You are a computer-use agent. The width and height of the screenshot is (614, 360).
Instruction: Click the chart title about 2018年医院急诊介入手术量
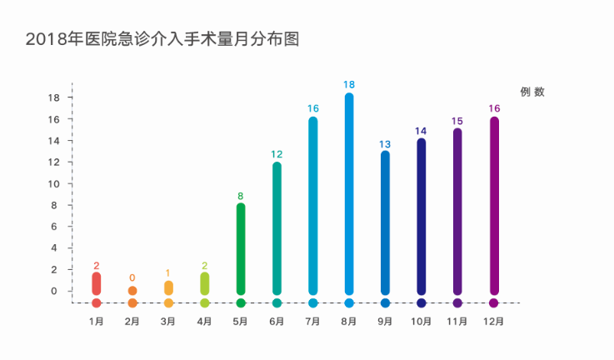(162, 38)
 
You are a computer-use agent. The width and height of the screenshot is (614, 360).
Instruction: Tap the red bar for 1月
(97, 283)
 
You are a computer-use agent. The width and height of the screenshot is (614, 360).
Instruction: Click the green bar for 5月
(241, 248)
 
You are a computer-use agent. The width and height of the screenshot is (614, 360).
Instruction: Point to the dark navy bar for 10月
(422, 215)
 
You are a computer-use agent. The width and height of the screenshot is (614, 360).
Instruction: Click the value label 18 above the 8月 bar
(349, 85)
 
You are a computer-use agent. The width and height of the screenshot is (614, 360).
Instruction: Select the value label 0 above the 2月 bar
(132, 277)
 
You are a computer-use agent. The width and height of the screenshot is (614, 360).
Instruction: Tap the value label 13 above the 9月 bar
(385, 144)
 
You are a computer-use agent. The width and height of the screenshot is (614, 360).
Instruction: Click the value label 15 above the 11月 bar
(457, 122)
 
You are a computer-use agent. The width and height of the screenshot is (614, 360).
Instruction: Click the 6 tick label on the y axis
(56, 227)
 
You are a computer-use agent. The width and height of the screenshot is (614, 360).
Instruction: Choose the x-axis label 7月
(313, 322)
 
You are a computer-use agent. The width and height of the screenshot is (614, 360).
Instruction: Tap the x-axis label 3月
(168, 322)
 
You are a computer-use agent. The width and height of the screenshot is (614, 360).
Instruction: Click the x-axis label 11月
(457, 322)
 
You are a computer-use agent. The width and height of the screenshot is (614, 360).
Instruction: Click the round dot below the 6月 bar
(277, 303)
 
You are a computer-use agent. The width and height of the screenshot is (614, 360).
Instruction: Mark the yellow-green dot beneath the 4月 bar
(204, 303)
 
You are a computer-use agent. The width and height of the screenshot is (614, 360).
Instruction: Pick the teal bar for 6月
(277, 227)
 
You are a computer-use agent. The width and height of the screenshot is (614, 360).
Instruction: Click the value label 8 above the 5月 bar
(241, 197)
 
